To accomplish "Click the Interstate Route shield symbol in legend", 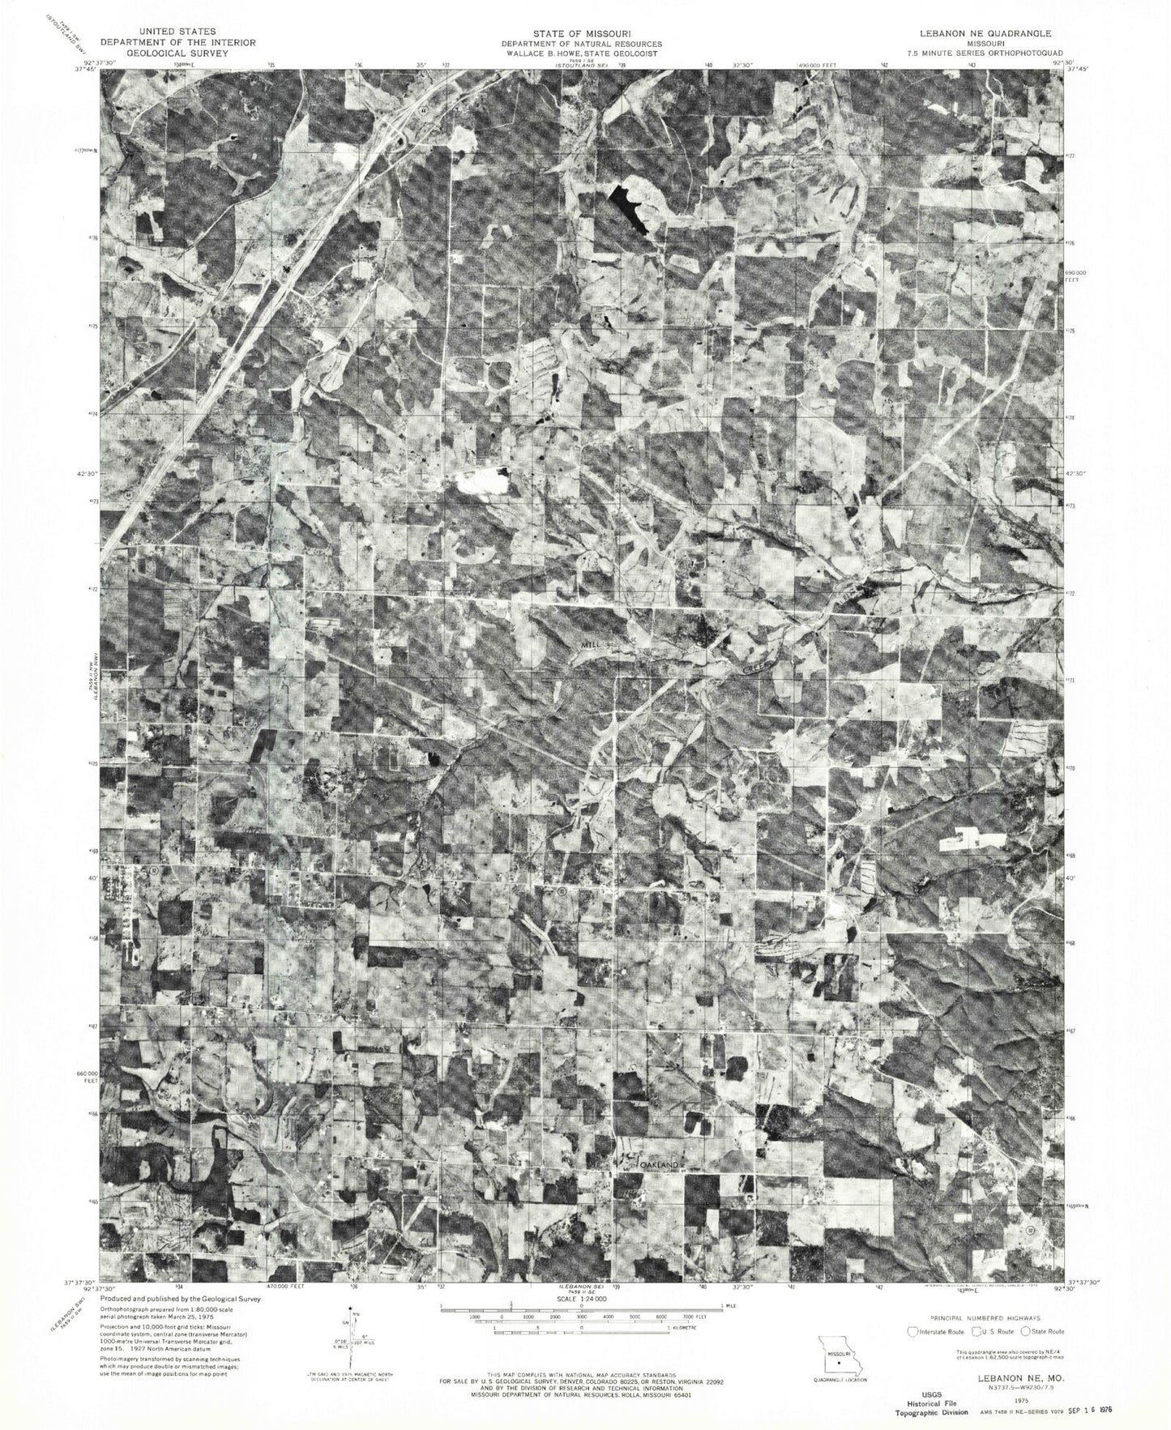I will click(914, 1331).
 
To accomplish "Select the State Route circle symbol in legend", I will click(1026, 1331).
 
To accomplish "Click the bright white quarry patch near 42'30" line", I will click(481, 483).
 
